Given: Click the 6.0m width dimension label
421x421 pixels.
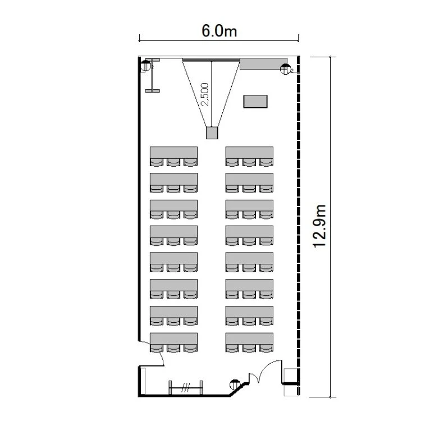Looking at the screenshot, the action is point(219,31).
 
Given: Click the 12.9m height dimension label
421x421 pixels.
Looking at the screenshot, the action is point(319,226).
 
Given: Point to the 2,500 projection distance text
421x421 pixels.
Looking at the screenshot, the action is point(205,94).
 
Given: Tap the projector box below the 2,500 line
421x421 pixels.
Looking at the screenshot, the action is point(212,133).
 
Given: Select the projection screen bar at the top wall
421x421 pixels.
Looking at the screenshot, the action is point(211,60).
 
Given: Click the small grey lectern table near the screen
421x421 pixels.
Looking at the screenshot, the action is point(255,102).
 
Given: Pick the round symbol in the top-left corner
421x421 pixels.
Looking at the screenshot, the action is point(146,66).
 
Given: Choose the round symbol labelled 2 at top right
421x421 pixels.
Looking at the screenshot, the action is point(285,69).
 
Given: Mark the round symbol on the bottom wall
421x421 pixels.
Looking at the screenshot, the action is point(235,385).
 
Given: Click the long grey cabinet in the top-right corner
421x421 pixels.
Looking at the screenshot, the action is point(263,64).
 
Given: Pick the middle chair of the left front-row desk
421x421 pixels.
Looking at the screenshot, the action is point(173,162).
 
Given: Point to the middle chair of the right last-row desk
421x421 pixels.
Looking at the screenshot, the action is point(249,349).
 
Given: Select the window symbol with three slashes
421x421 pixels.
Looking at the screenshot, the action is point(186,388).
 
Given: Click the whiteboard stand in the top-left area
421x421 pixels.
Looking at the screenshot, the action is point(152,75).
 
